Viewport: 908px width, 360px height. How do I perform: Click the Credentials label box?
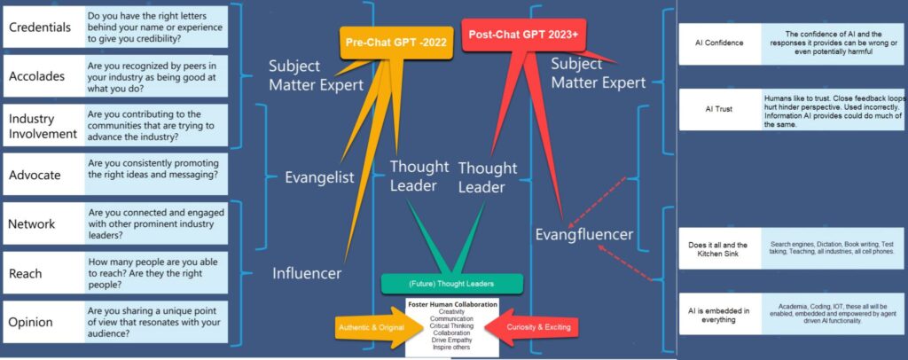(41, 27)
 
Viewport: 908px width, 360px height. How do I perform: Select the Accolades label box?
(39, 75)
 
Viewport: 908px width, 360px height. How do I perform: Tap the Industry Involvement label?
(41, 126)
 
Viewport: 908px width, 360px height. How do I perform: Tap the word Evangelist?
(319, 176)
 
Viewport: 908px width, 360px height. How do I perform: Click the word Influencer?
(307, 273)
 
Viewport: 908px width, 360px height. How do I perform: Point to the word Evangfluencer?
(583, 234)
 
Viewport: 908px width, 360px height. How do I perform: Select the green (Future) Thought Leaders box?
(452, 283)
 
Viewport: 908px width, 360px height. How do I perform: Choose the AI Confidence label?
(718, 43)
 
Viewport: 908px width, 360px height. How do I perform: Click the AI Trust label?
(718, 110)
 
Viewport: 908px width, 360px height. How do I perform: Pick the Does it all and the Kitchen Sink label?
(718, 249)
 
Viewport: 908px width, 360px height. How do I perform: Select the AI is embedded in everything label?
(718, 315)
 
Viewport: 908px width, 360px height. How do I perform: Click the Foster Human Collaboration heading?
(452, 305)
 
